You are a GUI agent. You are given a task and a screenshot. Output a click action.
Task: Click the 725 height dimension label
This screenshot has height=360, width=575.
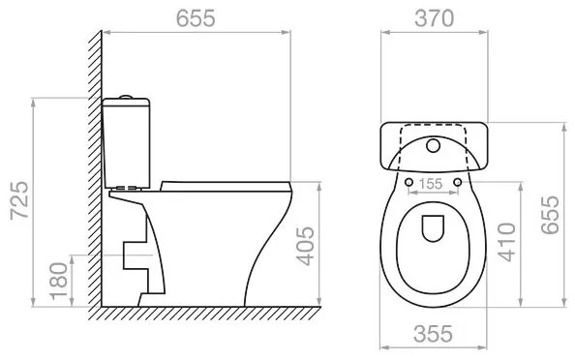pos(19,200)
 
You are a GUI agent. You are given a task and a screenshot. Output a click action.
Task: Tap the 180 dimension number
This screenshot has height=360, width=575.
pos(59,282)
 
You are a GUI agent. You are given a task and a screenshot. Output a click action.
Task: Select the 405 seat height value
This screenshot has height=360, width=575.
pos(305,246)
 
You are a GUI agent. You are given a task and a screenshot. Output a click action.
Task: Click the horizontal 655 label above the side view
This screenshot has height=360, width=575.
pos(196,18)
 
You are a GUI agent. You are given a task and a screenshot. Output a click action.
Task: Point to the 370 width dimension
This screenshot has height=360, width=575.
pos(435,18)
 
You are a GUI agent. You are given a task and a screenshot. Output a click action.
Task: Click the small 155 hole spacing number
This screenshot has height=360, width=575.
pos(431,184)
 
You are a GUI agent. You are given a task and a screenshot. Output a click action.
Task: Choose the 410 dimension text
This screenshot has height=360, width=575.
pos(506,242)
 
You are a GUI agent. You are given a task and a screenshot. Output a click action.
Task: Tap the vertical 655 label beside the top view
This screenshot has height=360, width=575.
pos(550,215)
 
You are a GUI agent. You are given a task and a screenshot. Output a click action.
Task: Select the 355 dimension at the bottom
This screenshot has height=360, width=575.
pos(433,334)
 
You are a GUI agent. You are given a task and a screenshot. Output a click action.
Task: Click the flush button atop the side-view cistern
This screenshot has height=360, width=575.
pos(126,97)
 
